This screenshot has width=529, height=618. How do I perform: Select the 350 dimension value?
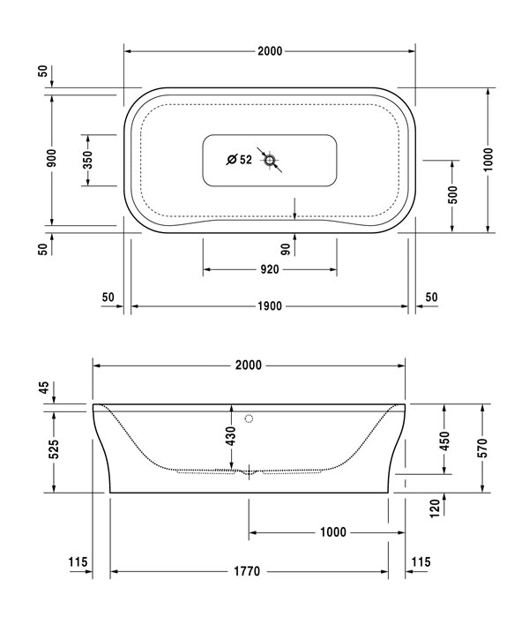click(x=86, y=160)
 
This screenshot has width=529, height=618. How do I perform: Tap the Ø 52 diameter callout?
click(x=239, y=160)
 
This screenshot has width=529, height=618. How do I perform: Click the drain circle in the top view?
click(x=270, y=160)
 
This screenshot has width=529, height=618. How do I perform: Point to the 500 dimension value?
click(x=452, y=195)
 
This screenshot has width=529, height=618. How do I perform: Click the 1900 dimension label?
click(x=269, y=306)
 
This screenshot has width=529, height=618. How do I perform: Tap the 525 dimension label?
click(x=54, y=448)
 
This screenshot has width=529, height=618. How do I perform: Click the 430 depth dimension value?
click(x=231, y=436)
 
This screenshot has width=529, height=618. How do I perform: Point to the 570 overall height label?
click(x=481, y=448)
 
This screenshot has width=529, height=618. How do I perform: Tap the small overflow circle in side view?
click(x=250, y=418)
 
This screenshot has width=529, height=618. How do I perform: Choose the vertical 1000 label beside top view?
click(x=488, y=160)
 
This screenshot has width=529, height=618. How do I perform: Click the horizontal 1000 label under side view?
click(x=332, y=532)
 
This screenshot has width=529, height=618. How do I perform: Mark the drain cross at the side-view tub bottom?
click(x=250, y=471)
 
